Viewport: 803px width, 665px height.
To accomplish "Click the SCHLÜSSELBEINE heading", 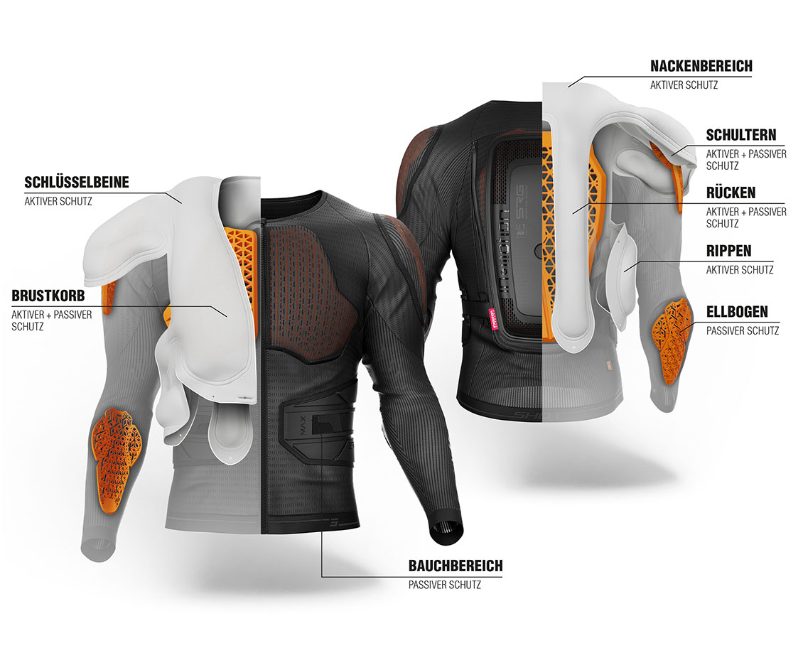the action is click(x=77, y=183).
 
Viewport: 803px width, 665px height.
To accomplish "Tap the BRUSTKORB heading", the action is click(x=48, y=296).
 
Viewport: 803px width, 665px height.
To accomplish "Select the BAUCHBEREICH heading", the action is click(x=456, y=566).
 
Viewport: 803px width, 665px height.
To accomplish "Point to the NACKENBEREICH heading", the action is click(x=701, y=66).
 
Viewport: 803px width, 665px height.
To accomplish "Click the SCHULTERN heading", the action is click(x=741, y=135).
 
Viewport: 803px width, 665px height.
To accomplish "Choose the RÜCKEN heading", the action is click(x=731, y=193).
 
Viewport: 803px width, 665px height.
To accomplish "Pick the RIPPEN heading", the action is click(x=729, y=251).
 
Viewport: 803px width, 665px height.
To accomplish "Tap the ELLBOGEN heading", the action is click(x=737, y=312).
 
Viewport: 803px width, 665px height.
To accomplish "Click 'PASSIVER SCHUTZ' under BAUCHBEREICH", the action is click(x=445, y=585).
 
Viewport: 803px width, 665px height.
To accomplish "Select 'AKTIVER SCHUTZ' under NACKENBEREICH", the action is click(x=684, y=85).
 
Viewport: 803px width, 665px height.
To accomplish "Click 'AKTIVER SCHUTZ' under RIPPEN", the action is click(x=740, y=270).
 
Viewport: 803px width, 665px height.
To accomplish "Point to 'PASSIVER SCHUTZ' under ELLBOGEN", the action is click(x=743, y=330).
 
